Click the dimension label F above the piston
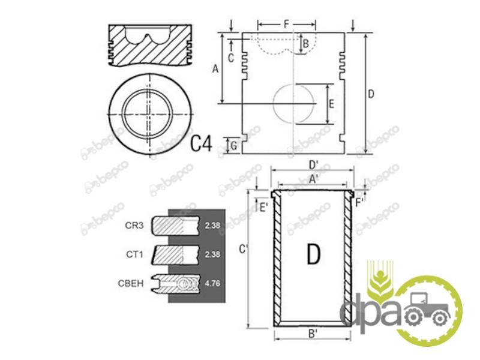tap(286, 24)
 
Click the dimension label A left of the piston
tap(215, 69)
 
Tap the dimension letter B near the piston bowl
tap(305, 44)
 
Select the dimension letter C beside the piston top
tap(231, 58)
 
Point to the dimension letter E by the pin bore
tap(331, 104)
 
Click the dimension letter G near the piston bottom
tap(233, 146)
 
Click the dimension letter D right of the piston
tap(371, 94)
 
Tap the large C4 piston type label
tap(201, 143)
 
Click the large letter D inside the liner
tap(313, 254)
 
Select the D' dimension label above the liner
tap(314, 165)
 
